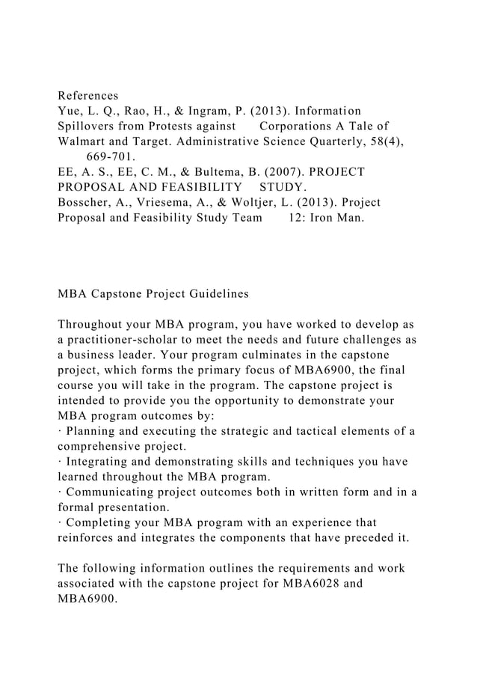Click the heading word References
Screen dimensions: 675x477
tap(87, 97)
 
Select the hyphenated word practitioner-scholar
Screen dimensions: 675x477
tap(137, 340)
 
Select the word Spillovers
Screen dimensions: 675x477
tap(87, 125)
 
